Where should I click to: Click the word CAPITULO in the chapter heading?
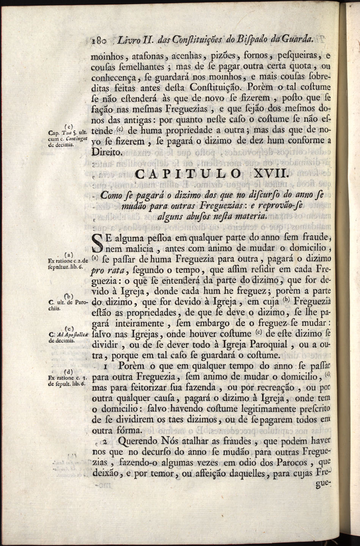187,175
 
